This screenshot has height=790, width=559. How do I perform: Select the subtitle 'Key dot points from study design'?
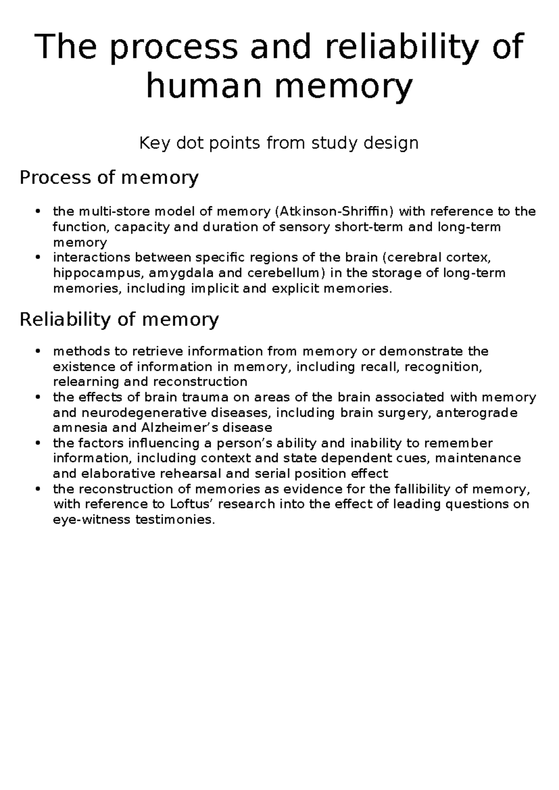tap(279, 143)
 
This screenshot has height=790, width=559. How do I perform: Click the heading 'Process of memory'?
tap(109, 177)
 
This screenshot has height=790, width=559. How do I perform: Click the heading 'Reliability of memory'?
tap(119, 320)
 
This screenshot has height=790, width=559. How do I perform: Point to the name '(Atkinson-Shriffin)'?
tap(334, 212)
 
